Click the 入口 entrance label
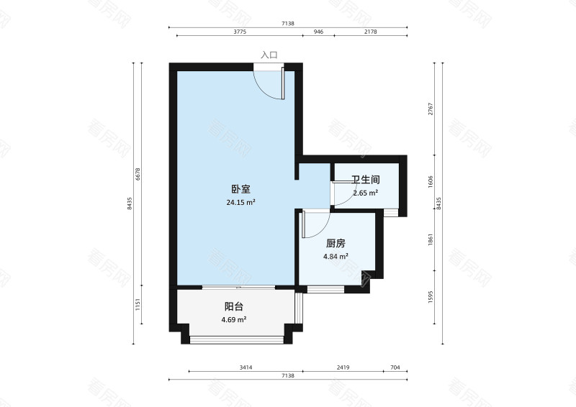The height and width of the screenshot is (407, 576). (269, 55)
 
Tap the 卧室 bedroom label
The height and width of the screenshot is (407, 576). (240, 189)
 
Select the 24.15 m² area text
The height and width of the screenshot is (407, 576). (240, 203)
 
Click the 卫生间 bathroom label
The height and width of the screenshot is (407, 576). (365, 180)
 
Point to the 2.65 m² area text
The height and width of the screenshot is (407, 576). (365, 193)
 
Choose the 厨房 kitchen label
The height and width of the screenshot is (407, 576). (336, 243)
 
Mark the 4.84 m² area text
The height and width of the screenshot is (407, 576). (336, 256)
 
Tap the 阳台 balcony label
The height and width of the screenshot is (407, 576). (233, 306)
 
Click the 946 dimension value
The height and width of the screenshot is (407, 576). (318, 32)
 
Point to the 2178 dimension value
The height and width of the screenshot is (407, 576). (370, 32)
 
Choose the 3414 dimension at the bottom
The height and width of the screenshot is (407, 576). (246, 367)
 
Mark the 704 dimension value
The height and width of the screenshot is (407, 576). (395, 367)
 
